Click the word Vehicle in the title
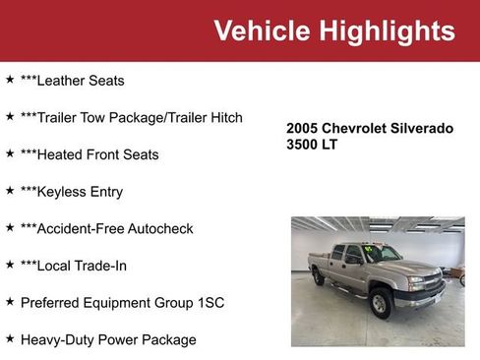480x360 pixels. click(x=262, y=30)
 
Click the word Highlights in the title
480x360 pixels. click(x=385, y=30)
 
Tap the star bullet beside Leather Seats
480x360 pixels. click(x=10, y=79)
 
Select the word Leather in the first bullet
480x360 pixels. click(x=62, y=81)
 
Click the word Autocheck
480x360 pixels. click(x=159, y=228)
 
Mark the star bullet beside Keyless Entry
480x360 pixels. click(x=10, y=190)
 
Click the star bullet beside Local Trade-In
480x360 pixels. click(x=10, y=264)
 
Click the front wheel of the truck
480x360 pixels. click(x=380, y=304)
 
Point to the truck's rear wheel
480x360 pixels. click(x=319, y=278)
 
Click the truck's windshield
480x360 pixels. click(x=382, y=254)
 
